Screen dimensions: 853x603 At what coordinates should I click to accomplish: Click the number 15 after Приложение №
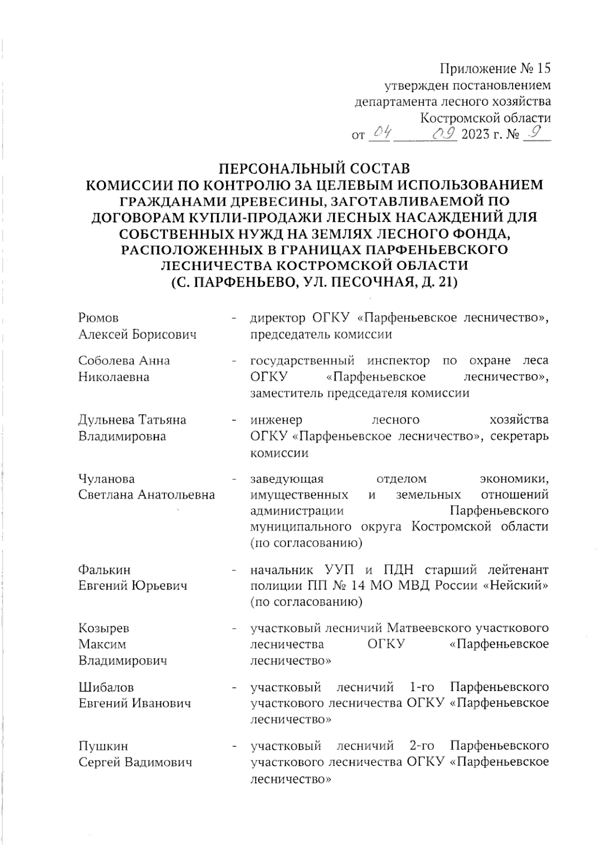pyautogui.click(x=543, y=68)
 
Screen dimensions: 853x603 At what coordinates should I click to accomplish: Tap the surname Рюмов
pyautogui.click(x=98, y=318)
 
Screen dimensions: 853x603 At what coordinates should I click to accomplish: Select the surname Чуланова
pyautogui.click(x=107, y=479)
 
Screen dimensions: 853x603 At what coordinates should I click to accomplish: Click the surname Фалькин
pyautogui.click(x=104, y=569)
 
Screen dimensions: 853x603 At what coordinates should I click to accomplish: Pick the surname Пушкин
pyautogui.click(x=103, y=746)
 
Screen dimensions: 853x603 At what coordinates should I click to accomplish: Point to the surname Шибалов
pyautogui.click(x=106, y=687)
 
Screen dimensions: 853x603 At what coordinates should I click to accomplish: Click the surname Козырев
pyautogui.click(x=104, y=628)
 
